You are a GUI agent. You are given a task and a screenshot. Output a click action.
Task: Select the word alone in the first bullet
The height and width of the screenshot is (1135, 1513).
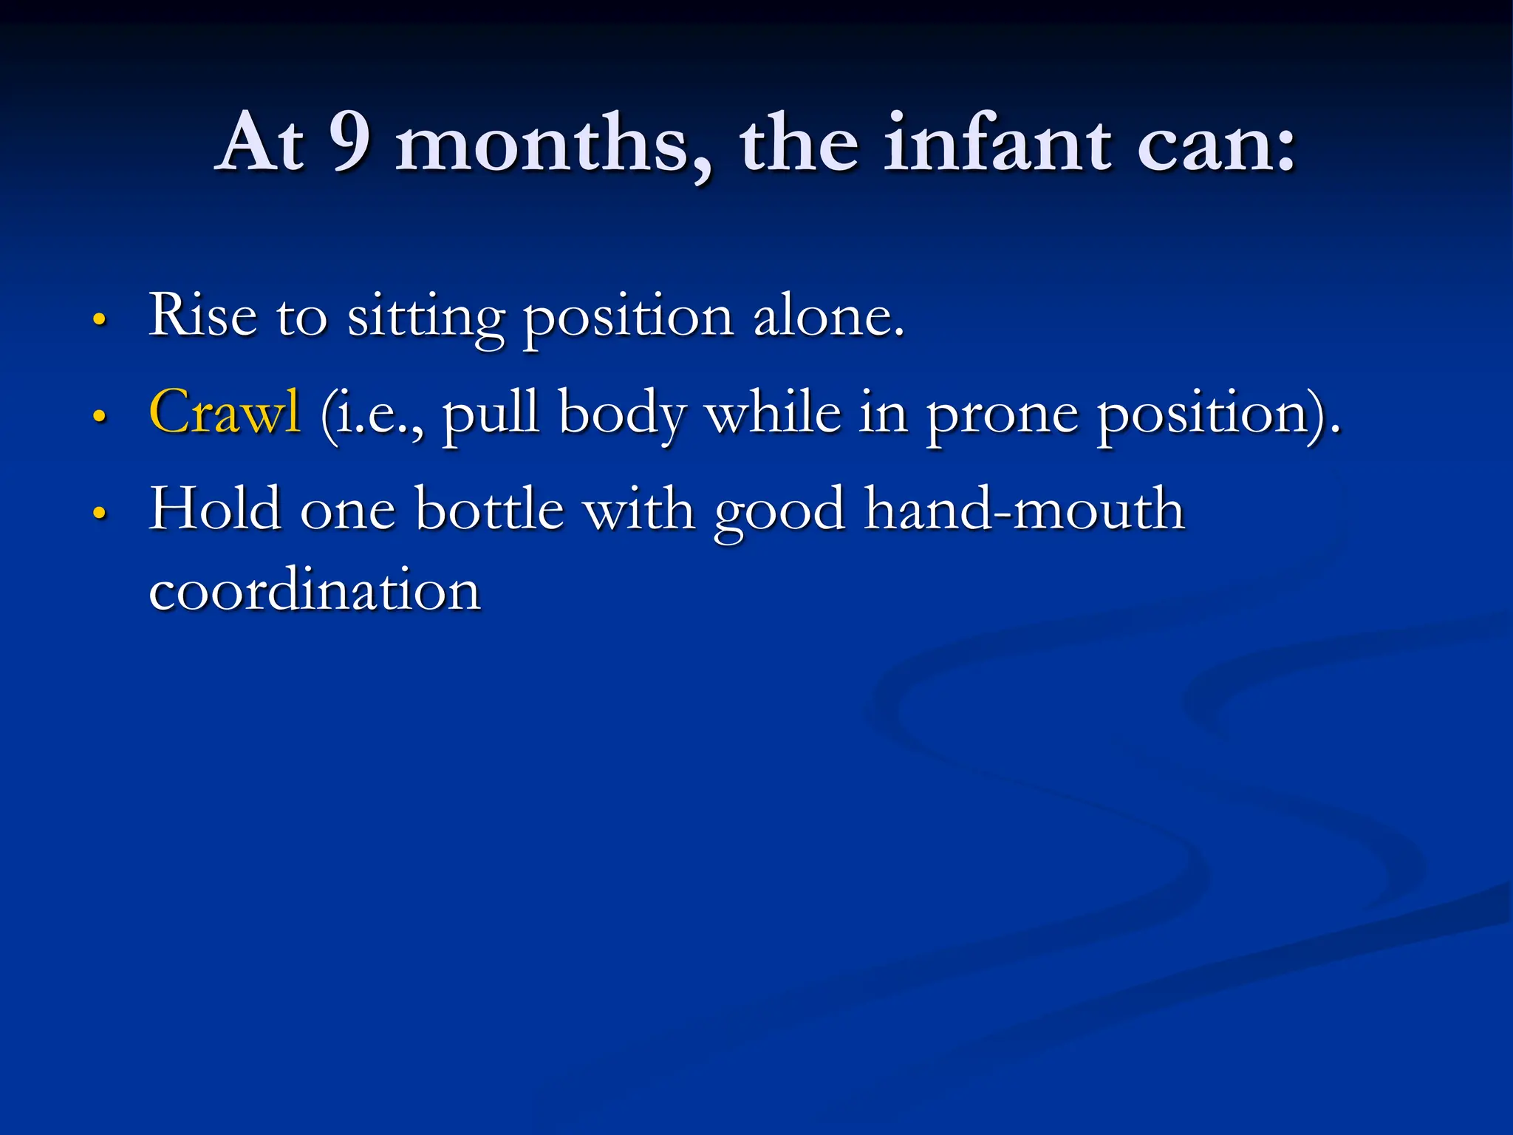827,316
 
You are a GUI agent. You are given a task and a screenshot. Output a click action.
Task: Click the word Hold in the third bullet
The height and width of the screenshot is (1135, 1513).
215,509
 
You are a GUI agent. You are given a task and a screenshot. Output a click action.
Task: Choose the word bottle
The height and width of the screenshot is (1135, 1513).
489,509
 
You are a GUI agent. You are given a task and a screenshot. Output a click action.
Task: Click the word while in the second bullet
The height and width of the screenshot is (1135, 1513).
773,414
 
